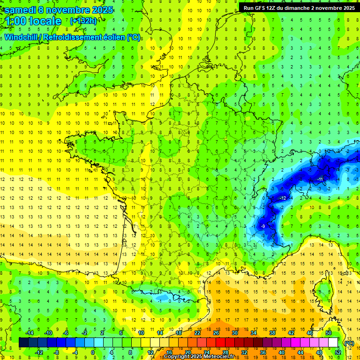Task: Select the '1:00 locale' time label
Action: pyautogui.click(x=32, y=21)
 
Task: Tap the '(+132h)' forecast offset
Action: pyautogui.click(x=83, y=21)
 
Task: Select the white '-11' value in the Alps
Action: pyautogui.click(x=320, y=179)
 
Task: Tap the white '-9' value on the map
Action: pyautogui.click(x=263, y=226)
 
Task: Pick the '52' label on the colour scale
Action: pyautogui.click(x=337, y=352)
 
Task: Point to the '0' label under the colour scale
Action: pyautogui.click(x=93, y=352)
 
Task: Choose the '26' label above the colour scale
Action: pyautogui.click(x=216, y=333)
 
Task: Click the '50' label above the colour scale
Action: pyautogui.click(x=329, y=333)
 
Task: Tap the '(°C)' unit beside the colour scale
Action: pyautogui.click(x=349, y=343)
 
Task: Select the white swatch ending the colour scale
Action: pyautogui.click(x=333, y=343)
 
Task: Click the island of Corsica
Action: pyautogui.click(x=323, y=291)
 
